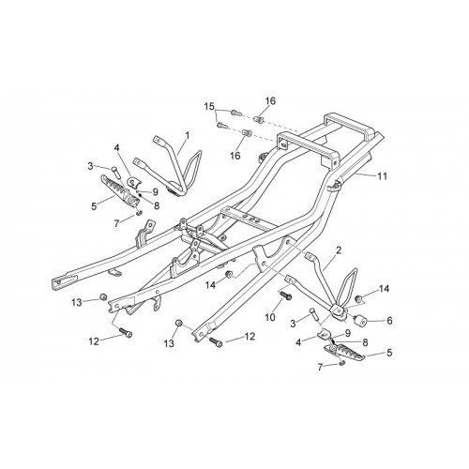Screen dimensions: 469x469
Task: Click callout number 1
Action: click(188, 135)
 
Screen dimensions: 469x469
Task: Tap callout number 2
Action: click(339, 250)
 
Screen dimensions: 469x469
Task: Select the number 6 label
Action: click(389, 321)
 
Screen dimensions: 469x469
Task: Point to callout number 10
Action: click(270, 317)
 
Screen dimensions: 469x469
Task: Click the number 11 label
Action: click(382, 176)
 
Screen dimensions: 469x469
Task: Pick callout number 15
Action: click(209, 106)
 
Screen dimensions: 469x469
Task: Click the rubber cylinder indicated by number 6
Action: click(359, 321)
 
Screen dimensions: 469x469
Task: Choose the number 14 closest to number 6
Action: click(384, 289)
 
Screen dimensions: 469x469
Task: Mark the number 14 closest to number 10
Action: click(211, 285)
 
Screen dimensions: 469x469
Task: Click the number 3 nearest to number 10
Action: click(293, 324)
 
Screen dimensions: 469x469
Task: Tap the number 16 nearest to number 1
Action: click(235, 155)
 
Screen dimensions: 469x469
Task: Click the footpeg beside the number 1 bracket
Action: click(120, 190)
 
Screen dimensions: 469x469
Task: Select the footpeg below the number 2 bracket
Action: click(345, 352)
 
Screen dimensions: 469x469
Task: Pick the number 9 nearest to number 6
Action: click(348, 332)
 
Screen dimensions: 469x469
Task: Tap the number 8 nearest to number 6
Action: click(365, 342)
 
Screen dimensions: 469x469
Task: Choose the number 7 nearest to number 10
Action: click(320, 368)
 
